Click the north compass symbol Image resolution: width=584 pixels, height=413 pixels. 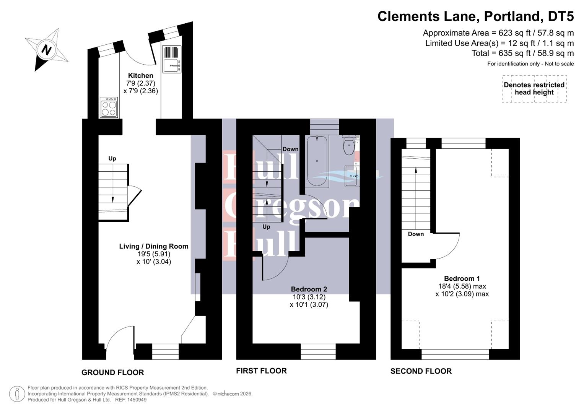tap(46, 50)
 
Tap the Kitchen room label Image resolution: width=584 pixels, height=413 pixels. tap(140, 76)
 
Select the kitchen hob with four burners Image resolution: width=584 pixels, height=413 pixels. tap(109, 107)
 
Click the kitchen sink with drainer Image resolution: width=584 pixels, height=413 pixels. tap(171, 59)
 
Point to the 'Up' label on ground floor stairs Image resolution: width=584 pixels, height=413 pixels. tap(112, 158)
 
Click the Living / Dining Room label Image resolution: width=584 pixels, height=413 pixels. tap(154, 246)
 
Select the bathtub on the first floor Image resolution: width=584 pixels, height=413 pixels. tap(317, 161)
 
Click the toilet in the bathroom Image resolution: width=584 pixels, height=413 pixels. tap(349, 145)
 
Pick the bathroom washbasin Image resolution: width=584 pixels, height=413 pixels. tap(351, 176)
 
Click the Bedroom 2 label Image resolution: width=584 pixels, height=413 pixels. tap(309, 289)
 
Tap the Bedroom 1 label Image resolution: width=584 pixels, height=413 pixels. tap(462, 278)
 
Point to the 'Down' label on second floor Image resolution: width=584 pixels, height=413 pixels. tap(416, 234)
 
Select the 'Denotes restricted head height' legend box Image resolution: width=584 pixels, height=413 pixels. tap(534, 89)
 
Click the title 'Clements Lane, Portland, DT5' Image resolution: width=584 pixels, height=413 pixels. tap(475, 16)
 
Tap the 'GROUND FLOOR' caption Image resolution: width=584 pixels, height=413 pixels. tap(112, 372)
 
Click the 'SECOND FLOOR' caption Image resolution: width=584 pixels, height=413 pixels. tap(421, 371)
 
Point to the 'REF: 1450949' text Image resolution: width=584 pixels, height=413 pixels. tap(131, 400)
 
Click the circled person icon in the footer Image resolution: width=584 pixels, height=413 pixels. tap(17, 394)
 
